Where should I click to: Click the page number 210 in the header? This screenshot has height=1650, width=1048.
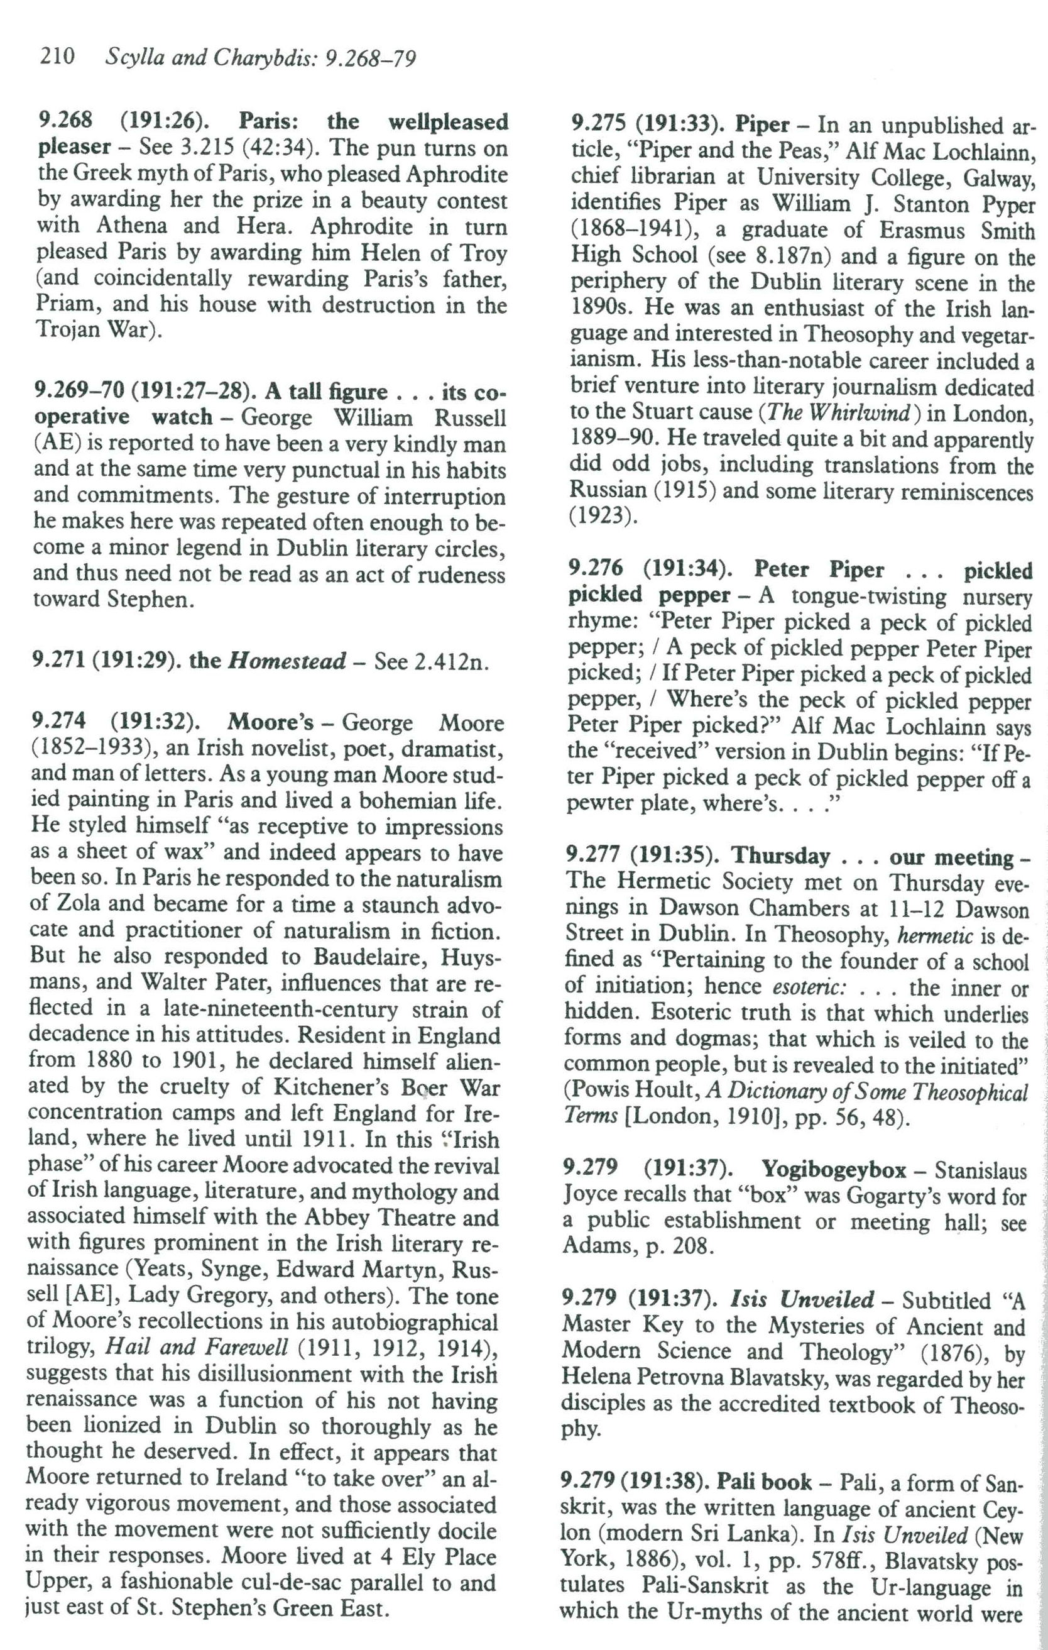pyautogui.click(x=58, y=55)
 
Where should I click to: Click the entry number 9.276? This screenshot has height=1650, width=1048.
pyautogui.click(x=596, y=569)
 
